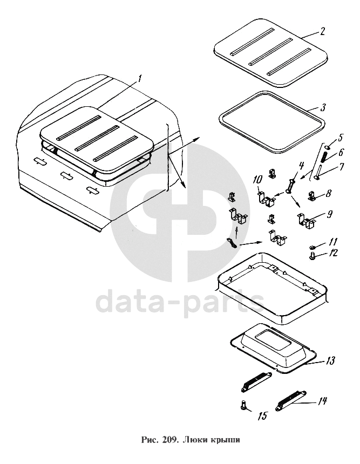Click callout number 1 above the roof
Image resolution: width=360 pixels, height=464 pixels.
click(x=139, y=78)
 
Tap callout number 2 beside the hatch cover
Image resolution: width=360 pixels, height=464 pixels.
click(x=322, y=31)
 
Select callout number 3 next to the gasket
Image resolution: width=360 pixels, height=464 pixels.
click(x=323, y=107)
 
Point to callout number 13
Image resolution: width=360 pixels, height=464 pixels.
click(x=330, y=361)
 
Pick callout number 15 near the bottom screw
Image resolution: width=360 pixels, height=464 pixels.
click(x=262, y=416)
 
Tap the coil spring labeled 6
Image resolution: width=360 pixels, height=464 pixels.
click(x=325, y=156)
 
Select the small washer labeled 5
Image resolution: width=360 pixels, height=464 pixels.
click(x=327, y=147)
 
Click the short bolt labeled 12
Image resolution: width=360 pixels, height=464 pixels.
click(x=312, y=256)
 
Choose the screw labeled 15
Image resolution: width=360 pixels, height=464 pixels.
click(x=244, y=404)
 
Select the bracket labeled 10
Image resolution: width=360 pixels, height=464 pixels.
click(x=267, y=200)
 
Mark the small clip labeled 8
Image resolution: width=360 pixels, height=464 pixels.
click(x=313, y=196)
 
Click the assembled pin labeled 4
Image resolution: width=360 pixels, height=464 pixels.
click(x=289, y=186)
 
